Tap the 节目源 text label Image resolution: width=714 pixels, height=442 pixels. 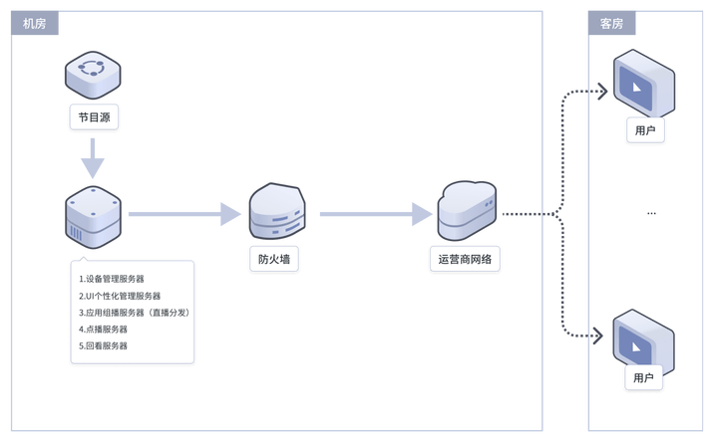coord(94,117)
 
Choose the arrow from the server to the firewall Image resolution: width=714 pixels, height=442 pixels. coord(185,213)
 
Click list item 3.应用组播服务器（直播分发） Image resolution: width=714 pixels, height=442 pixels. coord(134,313)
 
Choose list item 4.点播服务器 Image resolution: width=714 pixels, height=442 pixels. coord(104,330)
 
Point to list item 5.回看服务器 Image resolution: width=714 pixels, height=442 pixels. coord(104,346)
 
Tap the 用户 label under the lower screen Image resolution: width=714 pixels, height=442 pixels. coord(644,378)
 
